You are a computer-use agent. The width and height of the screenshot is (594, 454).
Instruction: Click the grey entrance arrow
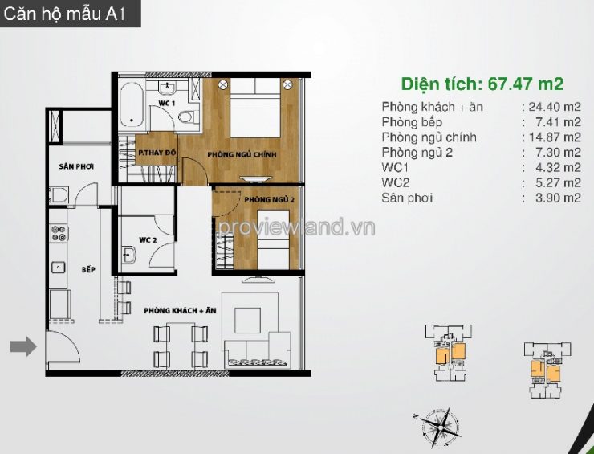[x=23, y=346]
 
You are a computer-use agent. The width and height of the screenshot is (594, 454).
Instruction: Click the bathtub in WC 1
[x=132, y=105]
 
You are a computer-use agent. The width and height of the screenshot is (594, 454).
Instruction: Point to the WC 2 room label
[x=148, y=240]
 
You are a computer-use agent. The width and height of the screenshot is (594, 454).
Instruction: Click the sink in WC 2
[x=128, y=255]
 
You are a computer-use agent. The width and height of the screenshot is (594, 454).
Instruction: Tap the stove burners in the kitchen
[x=59, y=233]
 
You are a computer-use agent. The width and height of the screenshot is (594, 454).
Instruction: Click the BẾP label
[x=88, y=270]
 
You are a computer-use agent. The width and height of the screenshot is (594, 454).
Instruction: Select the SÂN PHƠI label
[x=76, y=166]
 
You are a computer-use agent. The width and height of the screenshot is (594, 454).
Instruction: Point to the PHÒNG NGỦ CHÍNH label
[x=242, y=155]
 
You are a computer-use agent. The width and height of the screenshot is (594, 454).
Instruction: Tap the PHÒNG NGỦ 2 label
[x=270, y=199]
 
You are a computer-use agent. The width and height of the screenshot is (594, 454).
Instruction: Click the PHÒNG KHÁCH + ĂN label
[x=180, y=311]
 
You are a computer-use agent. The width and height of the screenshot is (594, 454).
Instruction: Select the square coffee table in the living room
[x=247, y=321]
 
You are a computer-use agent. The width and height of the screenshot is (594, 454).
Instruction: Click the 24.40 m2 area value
[x=555, y=107]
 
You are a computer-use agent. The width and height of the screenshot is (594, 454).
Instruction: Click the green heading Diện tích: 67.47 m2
[x=482, y=84]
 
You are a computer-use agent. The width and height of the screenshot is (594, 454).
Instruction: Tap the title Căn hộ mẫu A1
[x=64, y=14]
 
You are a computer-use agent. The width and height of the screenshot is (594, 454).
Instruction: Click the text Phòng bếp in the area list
[x=412, y=122]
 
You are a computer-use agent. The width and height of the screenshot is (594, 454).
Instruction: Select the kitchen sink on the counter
[x=59, y=268]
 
